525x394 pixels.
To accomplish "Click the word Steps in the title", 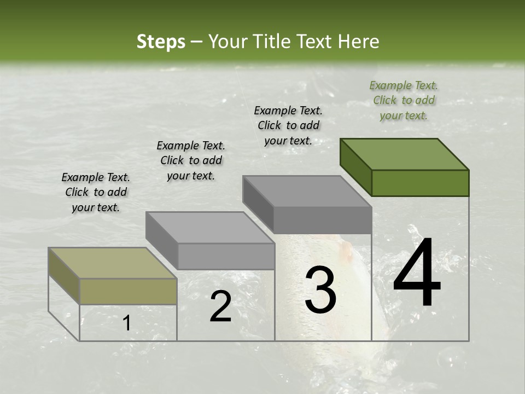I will [x=161, y=42].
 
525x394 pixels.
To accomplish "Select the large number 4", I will [x=417, y=274].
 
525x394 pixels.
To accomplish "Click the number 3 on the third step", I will [x=320, y=291].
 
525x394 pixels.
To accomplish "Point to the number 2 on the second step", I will [x=220, y=307].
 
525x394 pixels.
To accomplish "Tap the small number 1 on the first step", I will [x=126, y=323].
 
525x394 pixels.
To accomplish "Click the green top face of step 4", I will [x=404, y=154].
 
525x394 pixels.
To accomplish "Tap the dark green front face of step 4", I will [x=420, y=183].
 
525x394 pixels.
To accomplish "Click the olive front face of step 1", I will [x=128, y=291].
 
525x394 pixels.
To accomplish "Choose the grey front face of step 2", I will [x=226, y=256].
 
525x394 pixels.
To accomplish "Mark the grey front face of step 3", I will [x=323, y=220].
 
